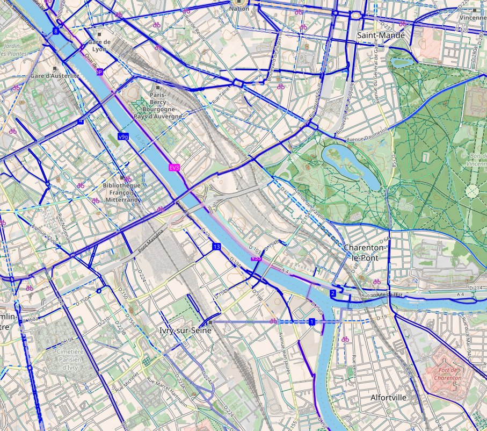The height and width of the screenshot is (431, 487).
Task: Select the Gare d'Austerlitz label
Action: pyautogui.click(x=55, y=76)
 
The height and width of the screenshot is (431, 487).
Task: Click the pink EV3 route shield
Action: pyautogui.click(x=173, y=168)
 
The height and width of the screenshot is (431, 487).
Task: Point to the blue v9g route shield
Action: pyautogui.click(x=123, y=137)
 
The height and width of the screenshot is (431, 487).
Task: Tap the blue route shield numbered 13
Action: pyautogui.click(x=216, y=246)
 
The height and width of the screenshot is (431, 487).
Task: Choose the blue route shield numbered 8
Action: pyautogui.click(x=55, y=31)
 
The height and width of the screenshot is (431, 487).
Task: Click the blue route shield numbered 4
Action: pyautogui.click(x=81, y=121)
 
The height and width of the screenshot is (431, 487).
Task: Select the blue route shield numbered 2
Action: pyautogui.click(x=332, y=293)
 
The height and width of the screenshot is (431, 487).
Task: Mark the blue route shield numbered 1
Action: pyautogui.click(x=311, y=321)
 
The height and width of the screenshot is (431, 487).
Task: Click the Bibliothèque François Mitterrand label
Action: pyautogui.click(x=121, y=192)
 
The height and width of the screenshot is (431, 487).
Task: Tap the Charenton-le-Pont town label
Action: pyautogui.click(x=365, y=253)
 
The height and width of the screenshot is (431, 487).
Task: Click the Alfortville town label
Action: pyautogui.click(x=388, y=398)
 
